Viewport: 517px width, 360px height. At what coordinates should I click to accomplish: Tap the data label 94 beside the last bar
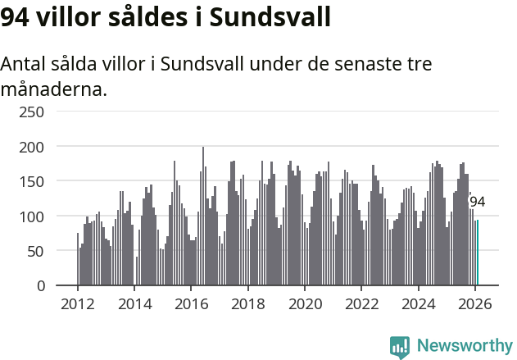478,202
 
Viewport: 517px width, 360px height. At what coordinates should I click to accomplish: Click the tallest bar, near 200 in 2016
203,216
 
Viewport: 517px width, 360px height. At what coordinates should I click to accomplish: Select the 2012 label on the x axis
78,303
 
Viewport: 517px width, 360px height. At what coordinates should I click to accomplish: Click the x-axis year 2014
134,303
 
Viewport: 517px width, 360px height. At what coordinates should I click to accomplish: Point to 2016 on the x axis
191,303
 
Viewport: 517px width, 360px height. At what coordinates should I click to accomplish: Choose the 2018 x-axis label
247,303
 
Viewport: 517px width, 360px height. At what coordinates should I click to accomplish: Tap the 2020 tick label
305,303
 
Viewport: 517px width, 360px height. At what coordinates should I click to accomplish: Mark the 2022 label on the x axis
361,303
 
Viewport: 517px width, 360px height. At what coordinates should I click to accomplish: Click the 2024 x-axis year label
418,303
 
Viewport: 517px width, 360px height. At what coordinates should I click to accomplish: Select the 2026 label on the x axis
474,303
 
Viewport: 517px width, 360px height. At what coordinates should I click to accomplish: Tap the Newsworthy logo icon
400,347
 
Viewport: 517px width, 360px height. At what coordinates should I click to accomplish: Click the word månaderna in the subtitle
53,89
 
